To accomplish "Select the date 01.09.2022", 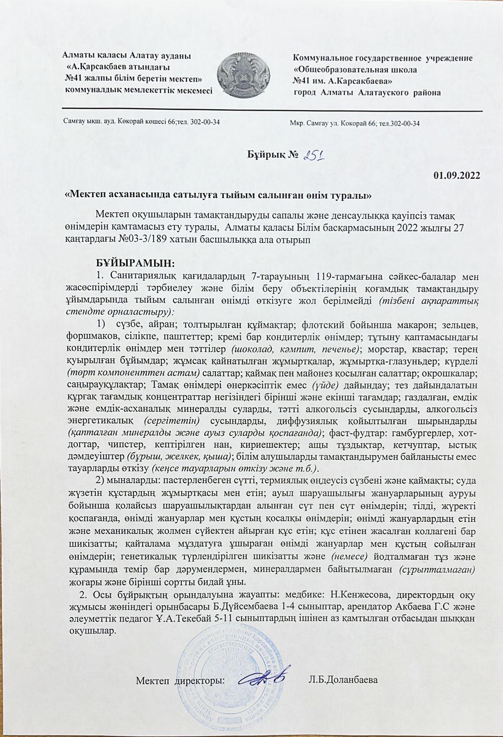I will [457, 175].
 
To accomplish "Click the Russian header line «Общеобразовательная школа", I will [355, 70].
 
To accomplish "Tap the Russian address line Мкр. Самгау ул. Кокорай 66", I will [355, 123].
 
